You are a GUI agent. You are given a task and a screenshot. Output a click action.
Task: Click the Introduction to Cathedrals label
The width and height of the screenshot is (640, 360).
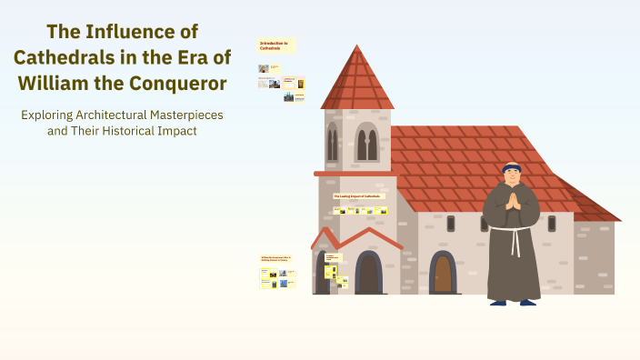pos(275,45)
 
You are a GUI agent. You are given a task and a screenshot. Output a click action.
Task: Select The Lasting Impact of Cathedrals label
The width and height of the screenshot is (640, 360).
pos(359,195)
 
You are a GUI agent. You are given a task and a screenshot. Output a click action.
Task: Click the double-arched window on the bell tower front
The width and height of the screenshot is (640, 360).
pos(366,142)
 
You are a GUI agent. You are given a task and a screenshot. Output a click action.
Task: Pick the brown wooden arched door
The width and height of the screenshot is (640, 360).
pos(443,273)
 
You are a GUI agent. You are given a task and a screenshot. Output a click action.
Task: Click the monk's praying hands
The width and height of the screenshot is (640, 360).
pos(514,199)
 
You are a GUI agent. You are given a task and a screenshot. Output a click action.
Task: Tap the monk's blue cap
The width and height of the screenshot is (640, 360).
pos(513,166)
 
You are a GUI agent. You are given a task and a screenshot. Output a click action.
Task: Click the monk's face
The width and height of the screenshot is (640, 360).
pos(513,176)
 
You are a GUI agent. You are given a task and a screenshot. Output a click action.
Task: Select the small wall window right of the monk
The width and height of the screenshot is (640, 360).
pos(551,223)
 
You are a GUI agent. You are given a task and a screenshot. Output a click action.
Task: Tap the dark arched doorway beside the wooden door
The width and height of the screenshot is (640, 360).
pos(368,272)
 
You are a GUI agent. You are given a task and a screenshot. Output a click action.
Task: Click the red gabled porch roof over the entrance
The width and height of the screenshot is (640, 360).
pos(357,237)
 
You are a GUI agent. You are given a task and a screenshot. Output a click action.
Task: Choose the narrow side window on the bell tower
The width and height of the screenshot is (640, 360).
pos(333,144)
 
